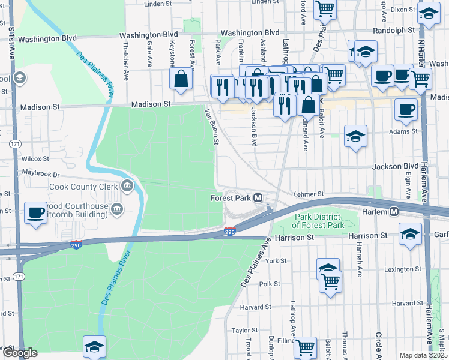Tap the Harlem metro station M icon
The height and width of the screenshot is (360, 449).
pyautogui.click(x=394, y=212)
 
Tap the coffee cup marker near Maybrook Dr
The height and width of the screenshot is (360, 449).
pyautogui.click(x=36, y=212)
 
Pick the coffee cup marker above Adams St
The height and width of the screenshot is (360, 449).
pyautogui.click(x=406, y=110)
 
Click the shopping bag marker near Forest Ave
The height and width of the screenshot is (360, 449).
pyautogui.click(x=181, y=79)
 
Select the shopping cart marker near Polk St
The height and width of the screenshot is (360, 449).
pyautogui.click(x=330, y=281)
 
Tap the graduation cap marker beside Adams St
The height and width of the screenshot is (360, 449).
pyautogui.click(x=355, y=136)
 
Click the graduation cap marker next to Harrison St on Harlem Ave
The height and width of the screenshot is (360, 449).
pyautogui.click(x=411, y=233)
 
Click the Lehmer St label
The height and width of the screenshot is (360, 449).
pyautogui.click(x=309, y=194)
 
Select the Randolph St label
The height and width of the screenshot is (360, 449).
pyautogui.click(x=394, y=29)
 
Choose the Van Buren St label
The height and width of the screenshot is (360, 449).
pyautogui.click(x=211, y=126)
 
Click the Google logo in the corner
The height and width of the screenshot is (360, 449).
pyautogui.click(x=20, y=353)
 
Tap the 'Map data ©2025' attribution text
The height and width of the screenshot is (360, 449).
pyautogui.click(x=423, y=355)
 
